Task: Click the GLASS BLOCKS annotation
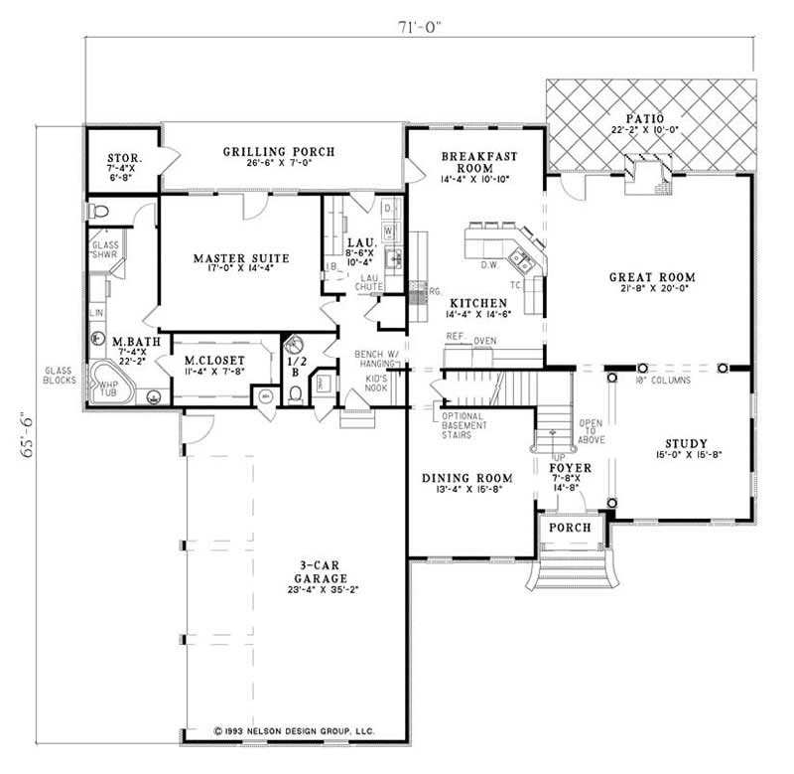60,375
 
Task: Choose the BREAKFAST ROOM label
474,162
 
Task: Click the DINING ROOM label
464,478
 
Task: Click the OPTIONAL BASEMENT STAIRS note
463,424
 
